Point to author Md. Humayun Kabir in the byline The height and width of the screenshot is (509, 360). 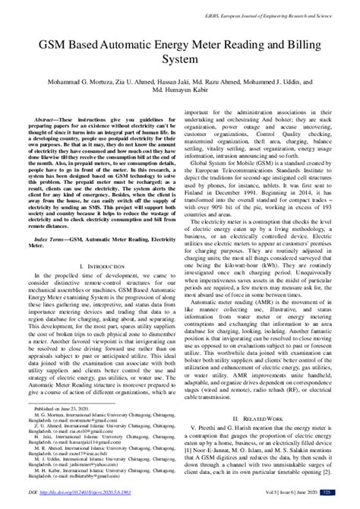(x=180, y=76)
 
